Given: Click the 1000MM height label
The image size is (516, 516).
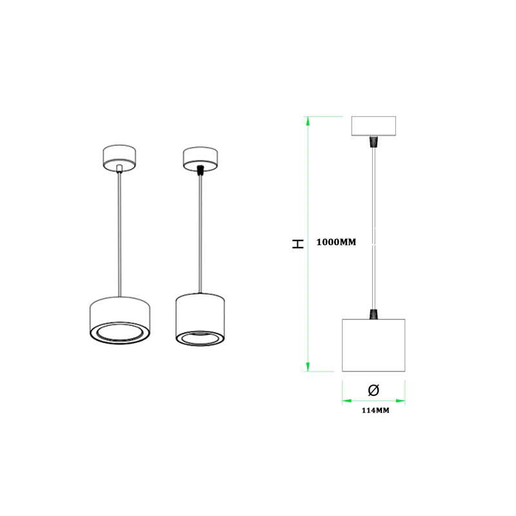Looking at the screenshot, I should click(336, 243).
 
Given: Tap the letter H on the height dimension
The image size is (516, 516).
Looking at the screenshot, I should click(297, 244).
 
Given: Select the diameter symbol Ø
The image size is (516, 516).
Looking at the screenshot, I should click(373, 390).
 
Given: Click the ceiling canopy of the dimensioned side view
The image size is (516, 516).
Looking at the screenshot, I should click(373, 126).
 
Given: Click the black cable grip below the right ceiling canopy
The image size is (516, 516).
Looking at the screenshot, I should click(373, 141).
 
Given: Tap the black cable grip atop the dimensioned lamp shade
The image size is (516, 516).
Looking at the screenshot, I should click(373, 314).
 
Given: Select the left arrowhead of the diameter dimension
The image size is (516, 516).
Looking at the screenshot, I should click(345, 400).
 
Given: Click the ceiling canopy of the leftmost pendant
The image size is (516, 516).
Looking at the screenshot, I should click(119, 158).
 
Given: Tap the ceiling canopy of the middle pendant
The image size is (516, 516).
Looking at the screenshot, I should click(201, 157).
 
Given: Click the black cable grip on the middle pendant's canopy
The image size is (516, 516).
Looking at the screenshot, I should click(201, 170).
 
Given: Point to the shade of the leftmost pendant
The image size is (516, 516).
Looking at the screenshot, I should click(120, 313).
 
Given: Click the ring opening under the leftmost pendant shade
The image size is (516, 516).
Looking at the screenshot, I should click(120, 333).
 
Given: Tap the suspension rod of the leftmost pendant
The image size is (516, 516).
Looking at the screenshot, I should click(119, 232).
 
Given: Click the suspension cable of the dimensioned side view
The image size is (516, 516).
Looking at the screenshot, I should click(373, 226).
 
